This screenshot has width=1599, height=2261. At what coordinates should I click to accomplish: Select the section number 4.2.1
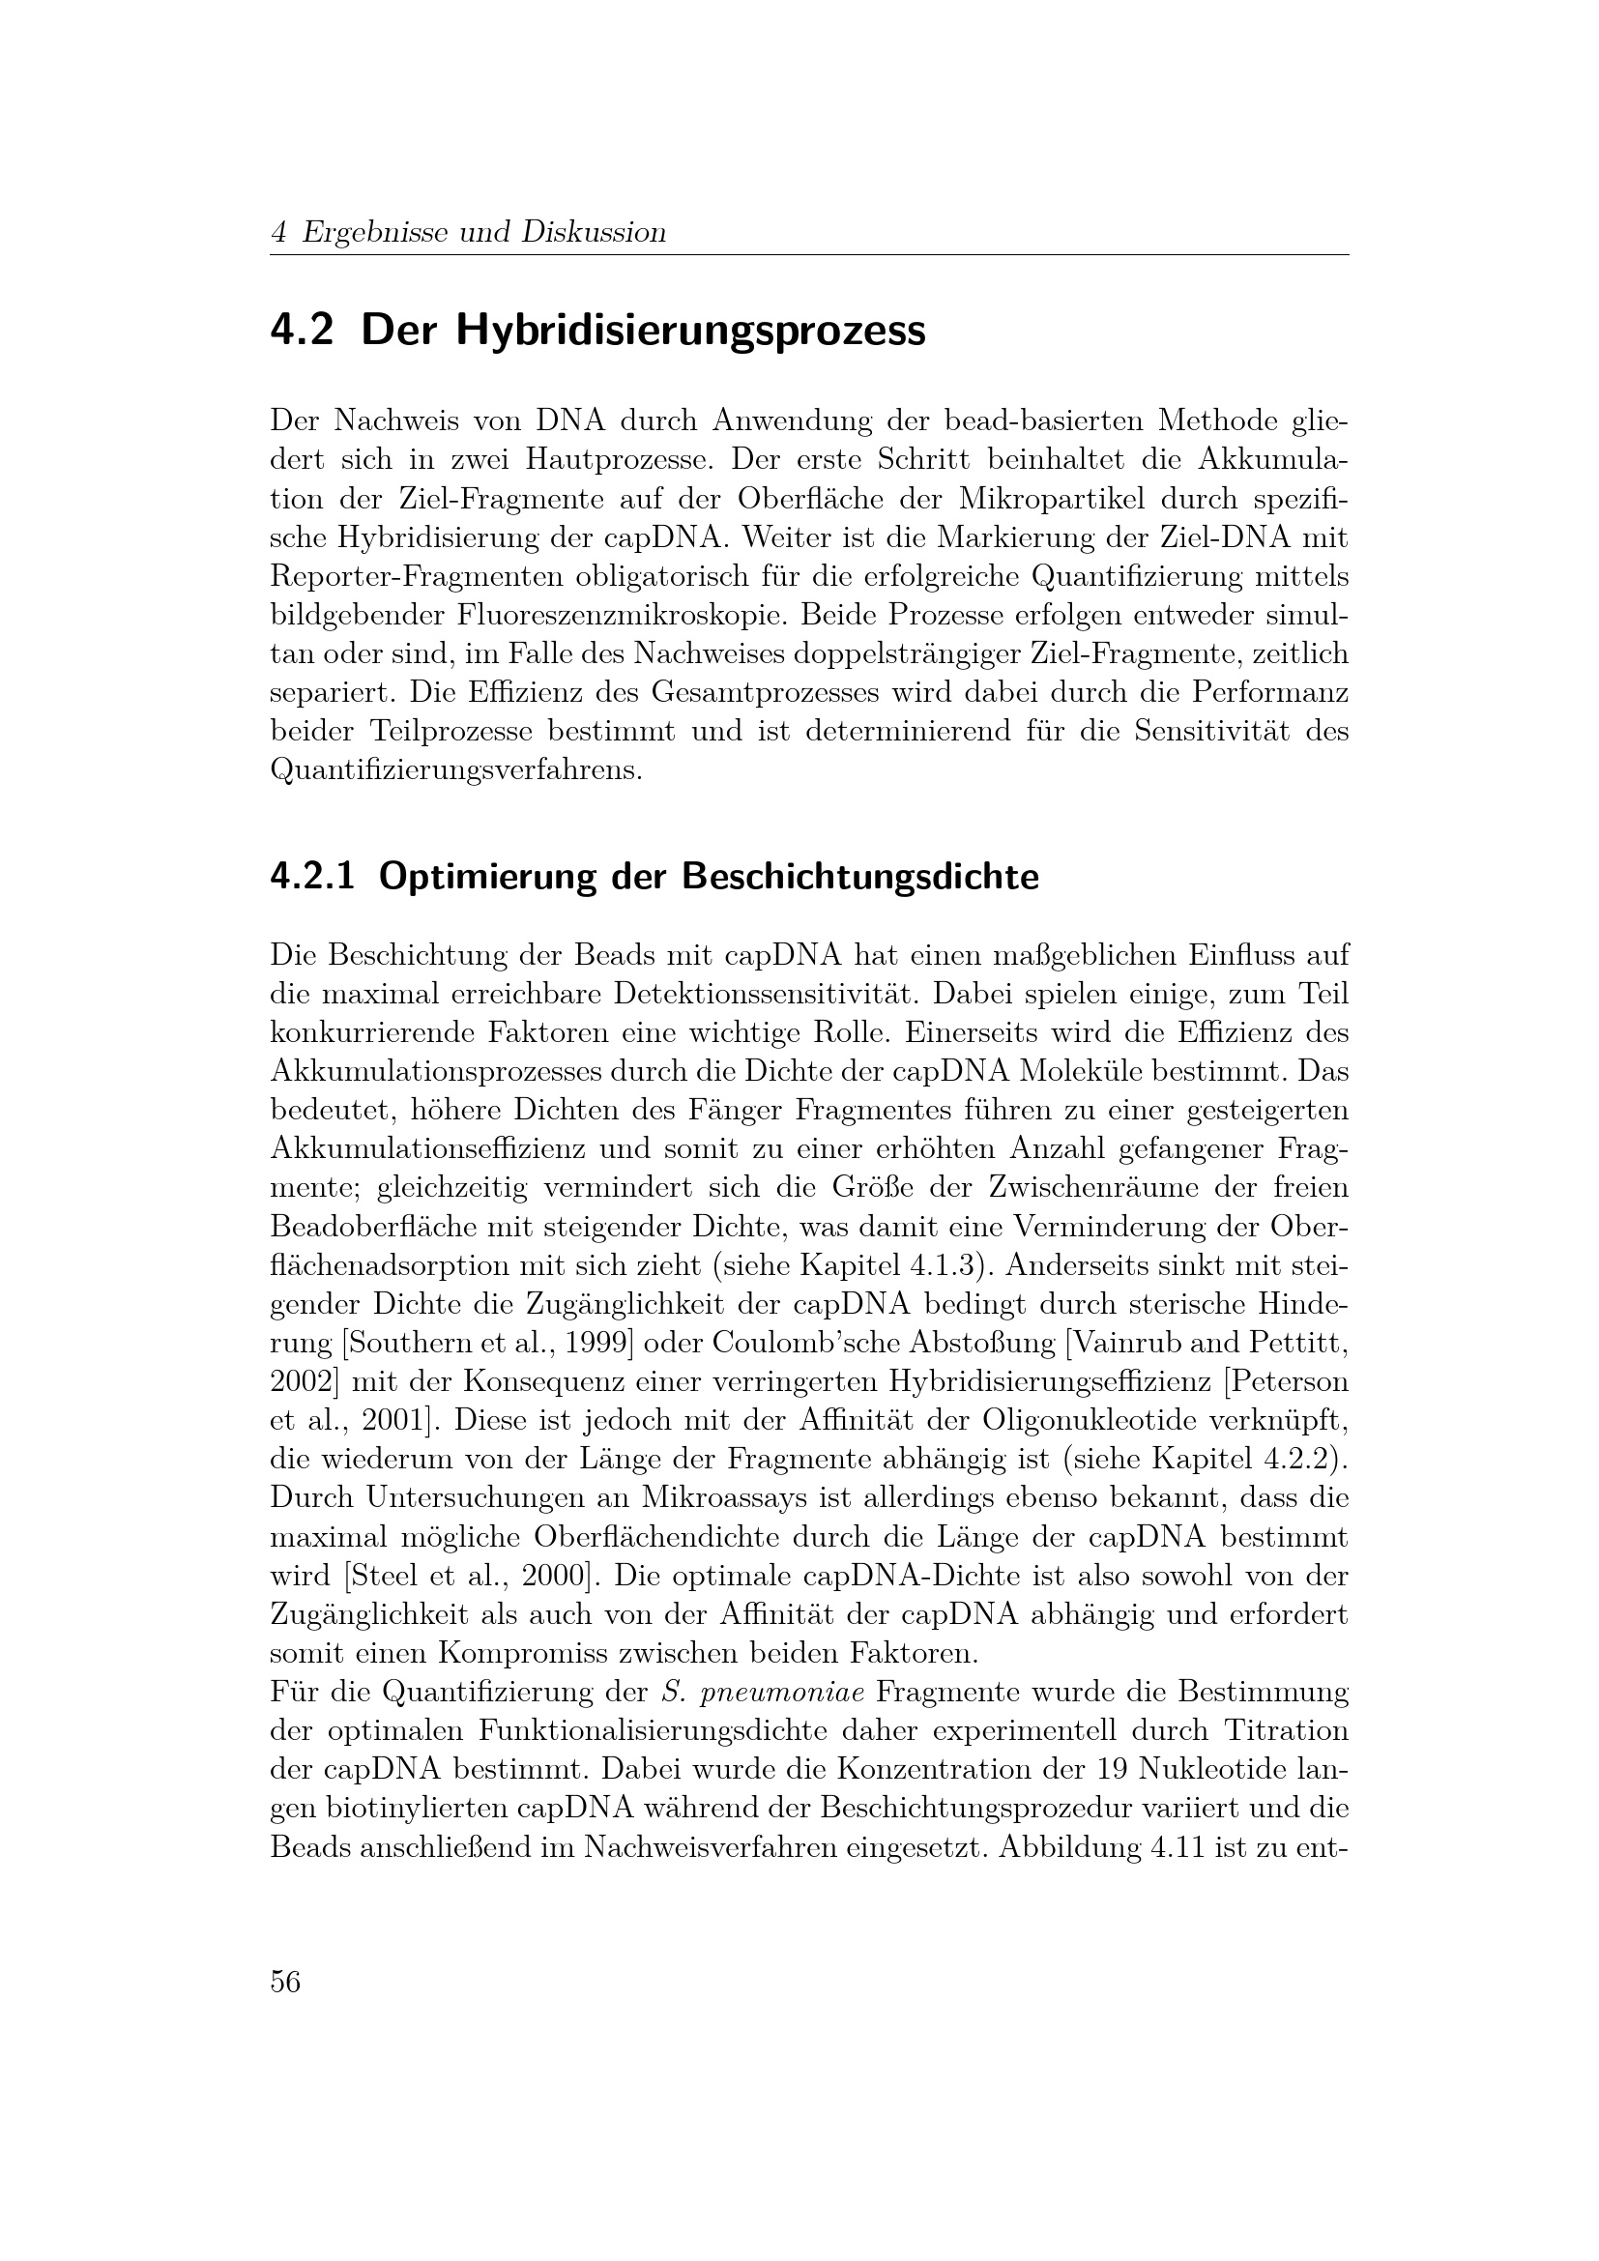[x=312, y=877]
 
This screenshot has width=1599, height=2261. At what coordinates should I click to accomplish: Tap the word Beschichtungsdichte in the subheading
[x=859, y=877]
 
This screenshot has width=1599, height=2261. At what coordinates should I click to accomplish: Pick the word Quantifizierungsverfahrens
[x=455, y=771]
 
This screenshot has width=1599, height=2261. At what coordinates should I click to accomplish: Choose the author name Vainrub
[x=1149, y=1344]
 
